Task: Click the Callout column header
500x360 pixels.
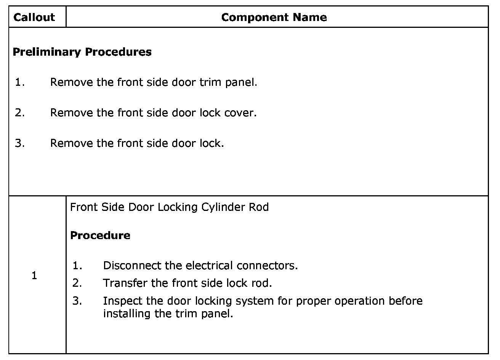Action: tap(34, 17)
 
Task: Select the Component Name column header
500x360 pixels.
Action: tap(274, 17)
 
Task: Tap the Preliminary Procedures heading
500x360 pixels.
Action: tap(82, 52)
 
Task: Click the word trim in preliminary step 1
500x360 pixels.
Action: tap(211, 82)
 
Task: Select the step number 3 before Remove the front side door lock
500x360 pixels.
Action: tap(19, 143)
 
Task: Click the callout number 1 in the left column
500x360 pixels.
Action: tap(34, 275)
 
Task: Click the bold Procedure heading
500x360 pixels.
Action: tap(100, 235)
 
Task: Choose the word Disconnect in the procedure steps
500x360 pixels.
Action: tap(132, 265)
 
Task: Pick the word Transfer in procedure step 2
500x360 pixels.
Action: tap(125, 283)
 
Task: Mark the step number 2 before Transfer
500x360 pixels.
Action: tap(77, 283)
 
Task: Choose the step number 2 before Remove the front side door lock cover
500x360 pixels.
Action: tap(19, 112)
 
